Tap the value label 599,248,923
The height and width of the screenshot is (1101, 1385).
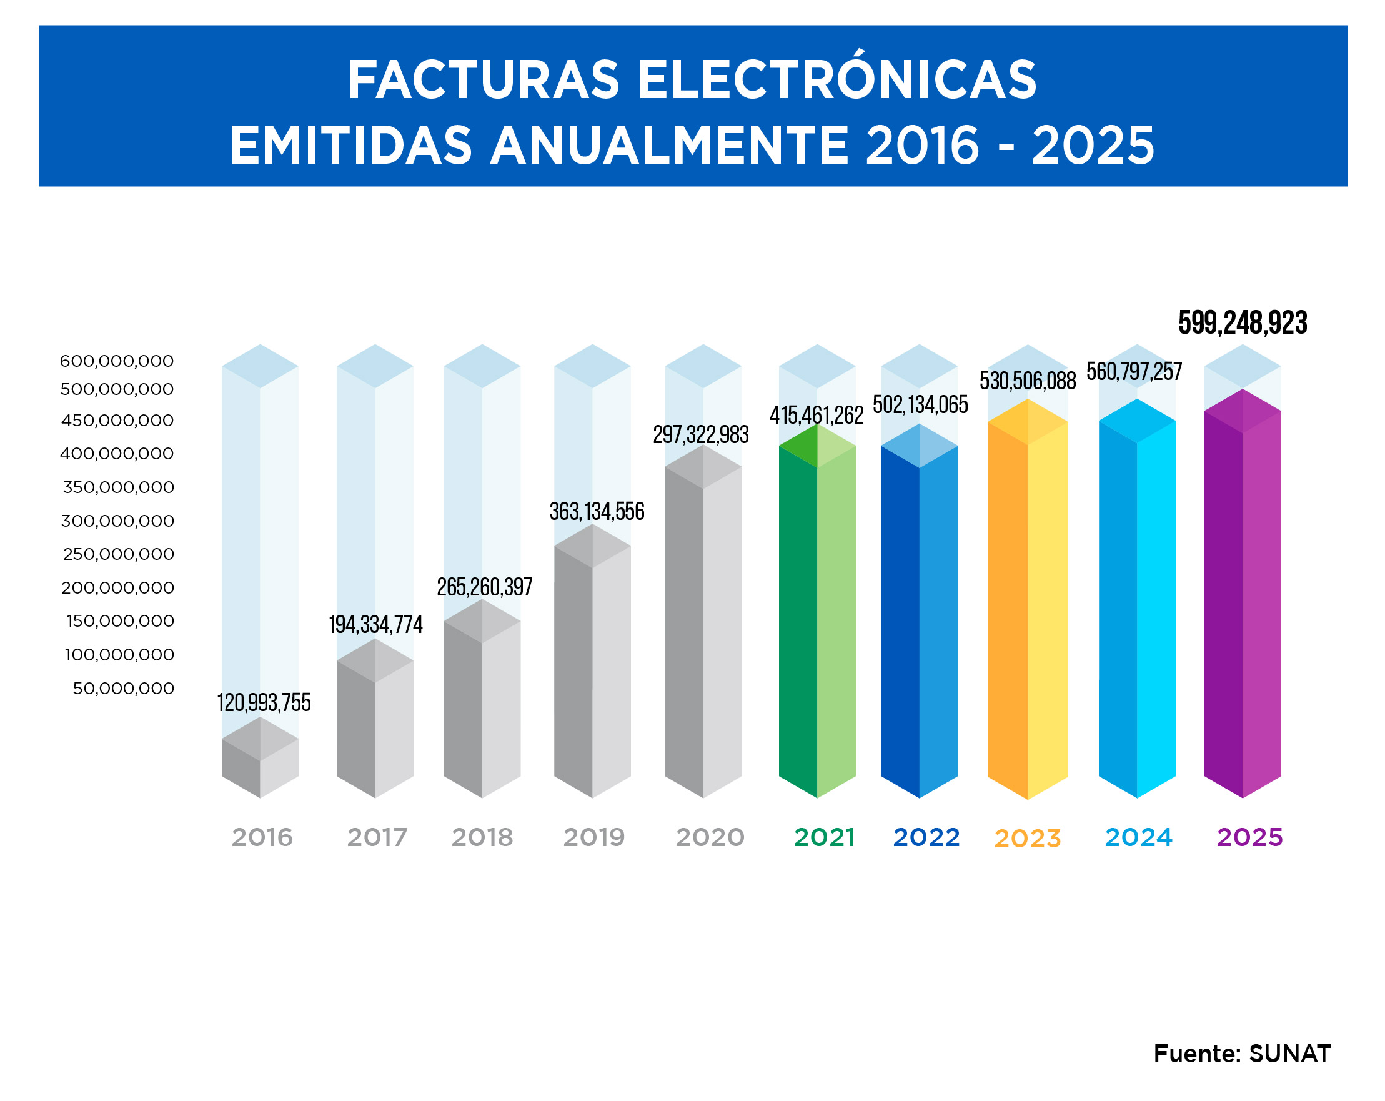pos(1243,322)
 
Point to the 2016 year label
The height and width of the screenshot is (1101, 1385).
pos(262,838)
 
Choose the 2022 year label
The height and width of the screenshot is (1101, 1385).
pos(926,838)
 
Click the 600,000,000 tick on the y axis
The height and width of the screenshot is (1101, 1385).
pos(117,361)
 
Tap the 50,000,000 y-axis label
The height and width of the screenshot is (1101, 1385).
pos(123,689)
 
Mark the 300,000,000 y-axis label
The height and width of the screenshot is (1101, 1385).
pos(117,521)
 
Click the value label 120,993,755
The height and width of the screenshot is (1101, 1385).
pos(264,703)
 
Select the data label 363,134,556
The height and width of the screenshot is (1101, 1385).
pos(597,512)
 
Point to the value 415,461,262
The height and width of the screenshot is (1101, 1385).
pos(817,416)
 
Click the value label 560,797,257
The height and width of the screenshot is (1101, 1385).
pos(1134,372)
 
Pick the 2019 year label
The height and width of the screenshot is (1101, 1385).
pos(594,838)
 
